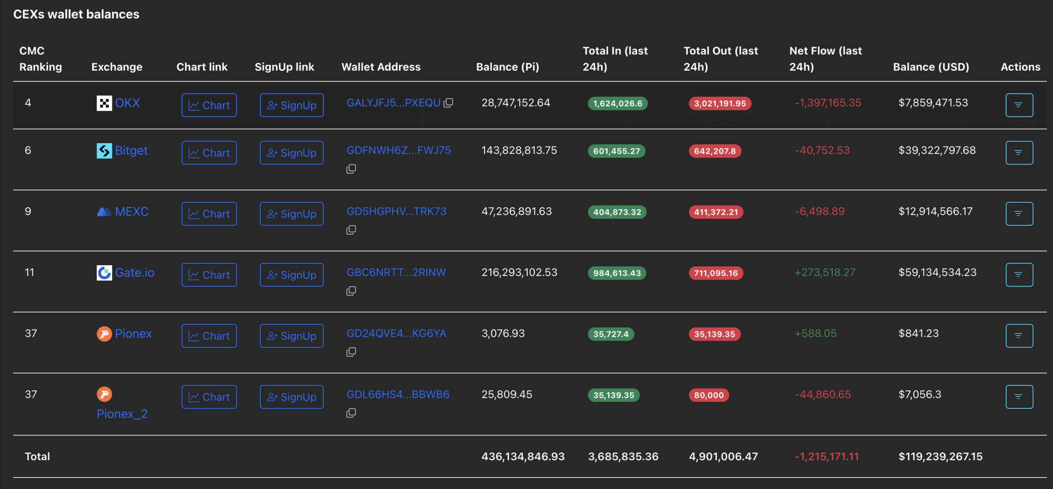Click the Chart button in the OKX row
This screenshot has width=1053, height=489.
(x=209, y=105)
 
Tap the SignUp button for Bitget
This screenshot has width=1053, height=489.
(x=291, y=153)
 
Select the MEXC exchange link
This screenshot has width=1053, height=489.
(x=132, y=211)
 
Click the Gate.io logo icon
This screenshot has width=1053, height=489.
(x=104, y=273)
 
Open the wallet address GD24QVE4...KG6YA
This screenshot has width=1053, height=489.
(x=396, y=334)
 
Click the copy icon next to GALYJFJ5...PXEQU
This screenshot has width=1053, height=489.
(x=448, y=103)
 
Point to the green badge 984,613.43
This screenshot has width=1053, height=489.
(x=617, y=273)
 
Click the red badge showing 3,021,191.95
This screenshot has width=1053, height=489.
(x=720, y=104)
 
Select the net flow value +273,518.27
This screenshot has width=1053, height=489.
(x=825, y=272)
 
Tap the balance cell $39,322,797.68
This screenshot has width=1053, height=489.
(x=937, y=151)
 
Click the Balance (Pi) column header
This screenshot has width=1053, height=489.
(x=507, y=67)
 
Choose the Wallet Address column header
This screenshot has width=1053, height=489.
(x=381, y=67)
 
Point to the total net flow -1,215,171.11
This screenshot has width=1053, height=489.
(x=827, y=457)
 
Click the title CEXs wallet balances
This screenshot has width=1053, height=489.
(x=77, y=14)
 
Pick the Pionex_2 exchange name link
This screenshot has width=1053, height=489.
(x=122, y=414)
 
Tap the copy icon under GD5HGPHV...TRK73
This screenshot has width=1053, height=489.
(x=351, y=230)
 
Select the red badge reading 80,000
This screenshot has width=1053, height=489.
(x=709, y=395)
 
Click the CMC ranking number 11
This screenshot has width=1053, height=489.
(x=30, y=272)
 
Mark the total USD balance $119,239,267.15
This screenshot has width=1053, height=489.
(x=940, y=457)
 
